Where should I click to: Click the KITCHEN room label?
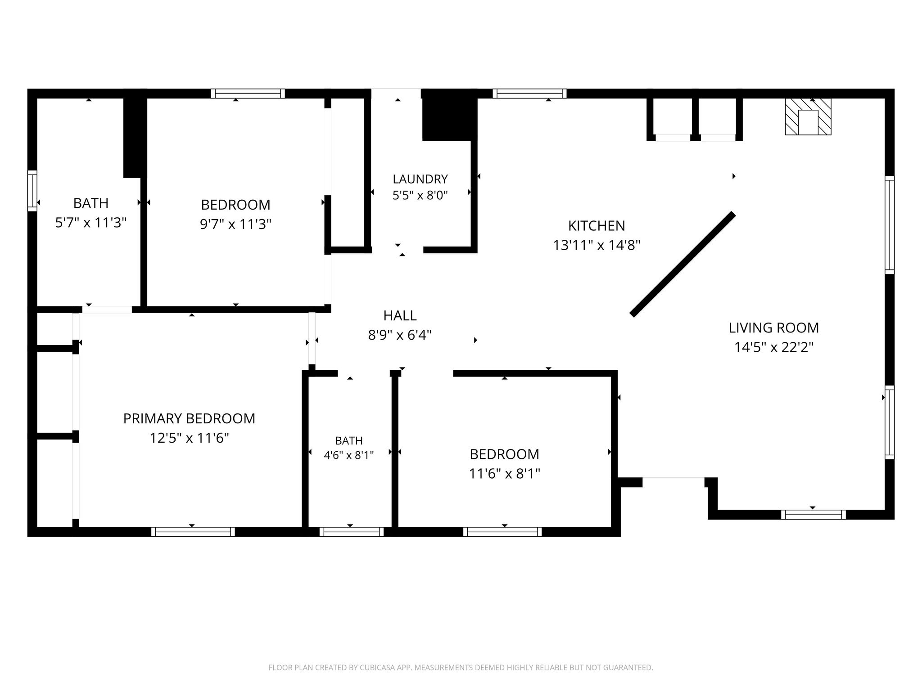pyautogui.click(x=597, y=225)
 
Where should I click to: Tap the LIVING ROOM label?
pyautogui.click(x=773, y=328)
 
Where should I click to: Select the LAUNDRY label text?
pyautogui.click(x=420, y=179)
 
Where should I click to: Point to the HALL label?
pyautogui.click(x=400, y=316)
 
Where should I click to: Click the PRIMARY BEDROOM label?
pyautogui.click(x=189, y=418)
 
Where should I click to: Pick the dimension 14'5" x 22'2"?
pyautogui.click(x=773, y=347)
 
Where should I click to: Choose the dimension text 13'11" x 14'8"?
pyautogui.click(x=597, y=245)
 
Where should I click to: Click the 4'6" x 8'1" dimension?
pyautogui.click(x=349, y=455)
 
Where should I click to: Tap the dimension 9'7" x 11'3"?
pyautogui.click(x=235, y=224)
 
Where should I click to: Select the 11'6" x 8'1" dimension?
pyautogui.click(x=504, y=474)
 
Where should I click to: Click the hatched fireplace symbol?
pyautogui.click(x=808, y=117)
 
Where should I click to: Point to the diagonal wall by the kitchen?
pyautogui.click(x=682, y=265)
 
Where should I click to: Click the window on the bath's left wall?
pyautogui.click(x=32, y=191)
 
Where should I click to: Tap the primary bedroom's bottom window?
pyautogui.click(x=193, y=532)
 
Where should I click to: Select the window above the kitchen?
pyautogui.click(x=529, y=94)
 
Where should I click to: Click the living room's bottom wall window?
pyautogui.click(x=813, y=515)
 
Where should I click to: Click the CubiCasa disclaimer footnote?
pyautogui.click(x=461, y=668)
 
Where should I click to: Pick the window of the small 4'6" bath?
pyautogui.click(x=351, y=532)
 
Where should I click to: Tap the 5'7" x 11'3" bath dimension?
pyautogui.click(x=90, y=223)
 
